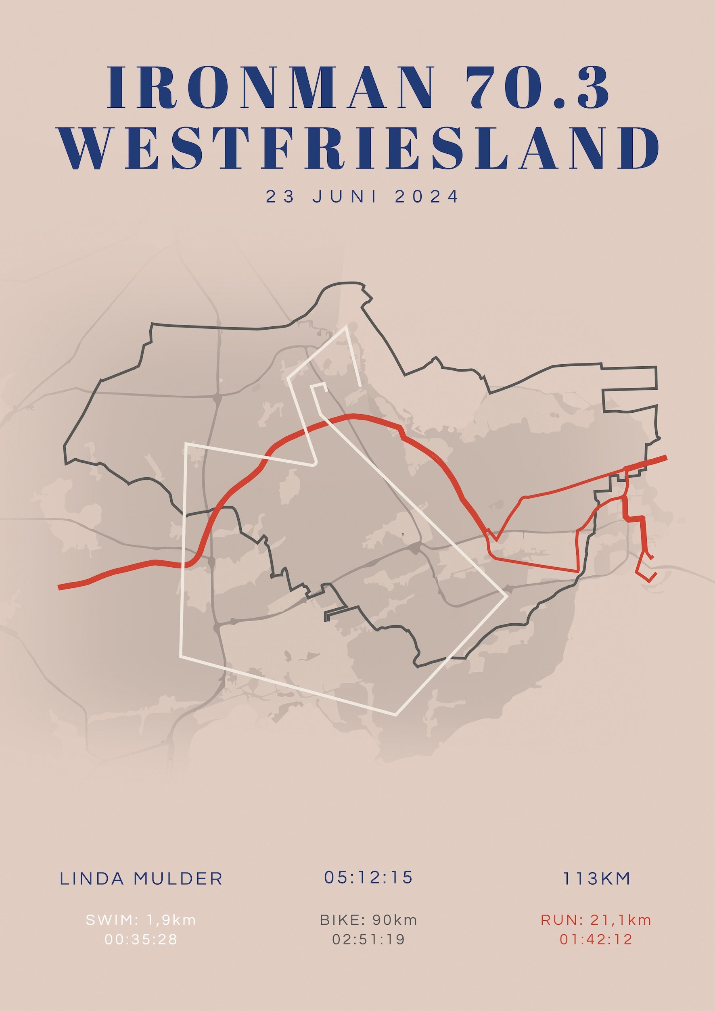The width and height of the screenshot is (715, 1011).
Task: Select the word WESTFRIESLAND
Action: (358, 148)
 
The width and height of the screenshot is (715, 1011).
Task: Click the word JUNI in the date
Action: (345, 196)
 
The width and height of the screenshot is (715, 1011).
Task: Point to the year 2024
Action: (426, 196)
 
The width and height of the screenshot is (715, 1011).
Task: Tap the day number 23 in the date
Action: (280, 196)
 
